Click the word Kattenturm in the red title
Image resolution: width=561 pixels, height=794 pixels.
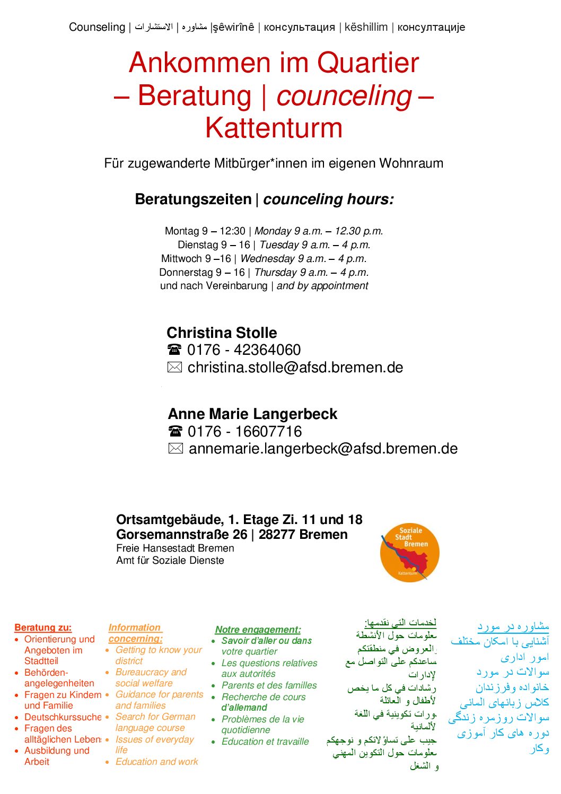pos(274,128)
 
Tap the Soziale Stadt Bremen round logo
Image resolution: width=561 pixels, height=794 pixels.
pos(409,553)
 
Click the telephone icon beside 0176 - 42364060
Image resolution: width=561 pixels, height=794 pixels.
pos(174,350)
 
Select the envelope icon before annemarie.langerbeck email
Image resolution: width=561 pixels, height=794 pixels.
pos(176,449)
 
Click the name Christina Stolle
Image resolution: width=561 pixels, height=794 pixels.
pos(222,333)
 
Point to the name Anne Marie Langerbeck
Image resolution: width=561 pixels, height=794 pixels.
pos(252,414)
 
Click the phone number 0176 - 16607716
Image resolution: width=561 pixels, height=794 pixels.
pos(244,432)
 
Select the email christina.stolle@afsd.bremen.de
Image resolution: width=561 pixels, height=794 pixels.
pos(295,368)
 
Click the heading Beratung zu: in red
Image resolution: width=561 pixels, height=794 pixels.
pos(43,627)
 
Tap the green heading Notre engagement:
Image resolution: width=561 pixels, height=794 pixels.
pos(258,630)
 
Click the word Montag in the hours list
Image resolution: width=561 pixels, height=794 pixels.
pos(182,231)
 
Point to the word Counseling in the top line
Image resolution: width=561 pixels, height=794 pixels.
pos(97,27)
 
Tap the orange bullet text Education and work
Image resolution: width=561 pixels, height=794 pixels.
pos(156,762)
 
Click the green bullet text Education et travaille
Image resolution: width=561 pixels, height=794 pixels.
pos(265,742)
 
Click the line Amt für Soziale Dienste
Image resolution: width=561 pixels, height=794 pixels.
pos(170,561)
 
